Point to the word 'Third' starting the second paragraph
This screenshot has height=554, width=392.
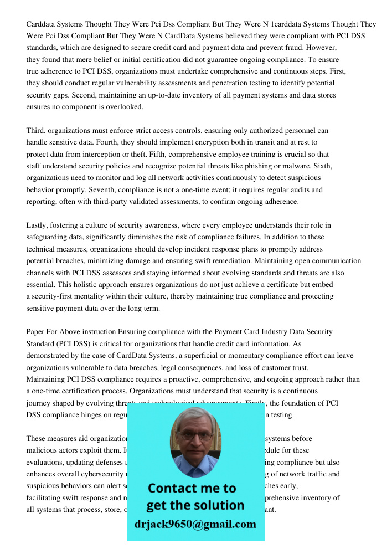tap(36, 131)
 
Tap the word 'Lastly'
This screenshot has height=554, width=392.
tap(38, 225)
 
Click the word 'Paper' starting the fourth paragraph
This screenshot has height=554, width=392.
tap(37, 332)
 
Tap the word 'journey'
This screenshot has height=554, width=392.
tap(39, 403)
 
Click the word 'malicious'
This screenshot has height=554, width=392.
tap(43, 450)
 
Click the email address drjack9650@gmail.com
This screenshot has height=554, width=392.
tap(195, 524)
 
